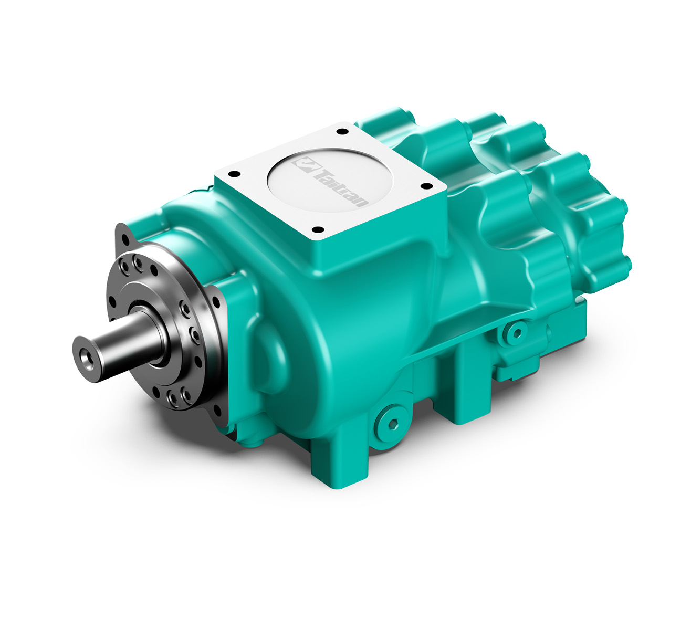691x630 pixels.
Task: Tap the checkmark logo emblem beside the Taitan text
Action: (305, 164)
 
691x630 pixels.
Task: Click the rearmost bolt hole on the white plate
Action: (342, 131)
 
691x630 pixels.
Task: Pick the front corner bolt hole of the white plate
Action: (317, 229)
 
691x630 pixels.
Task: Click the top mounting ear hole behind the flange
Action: (125, 240)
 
